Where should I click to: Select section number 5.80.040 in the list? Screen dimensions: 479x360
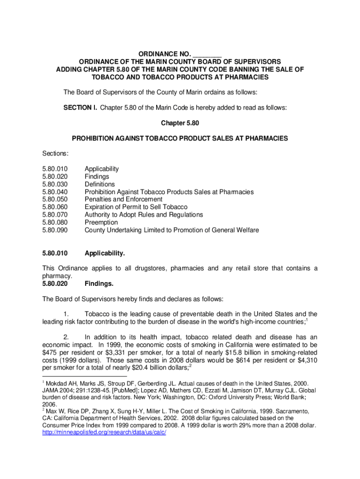(55, 192)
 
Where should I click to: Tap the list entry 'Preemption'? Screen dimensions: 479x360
(101, 223)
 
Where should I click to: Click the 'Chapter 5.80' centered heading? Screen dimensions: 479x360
(180, 123)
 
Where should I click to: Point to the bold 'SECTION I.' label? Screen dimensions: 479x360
(80, 107)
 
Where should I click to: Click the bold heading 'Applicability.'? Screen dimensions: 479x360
(105, 254)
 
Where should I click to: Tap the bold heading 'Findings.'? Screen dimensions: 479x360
(99, 283)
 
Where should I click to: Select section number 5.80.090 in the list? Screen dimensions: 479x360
(55, 230)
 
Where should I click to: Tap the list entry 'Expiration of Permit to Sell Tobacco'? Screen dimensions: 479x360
(136, 207)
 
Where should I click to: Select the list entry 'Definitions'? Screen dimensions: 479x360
(100, 184)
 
